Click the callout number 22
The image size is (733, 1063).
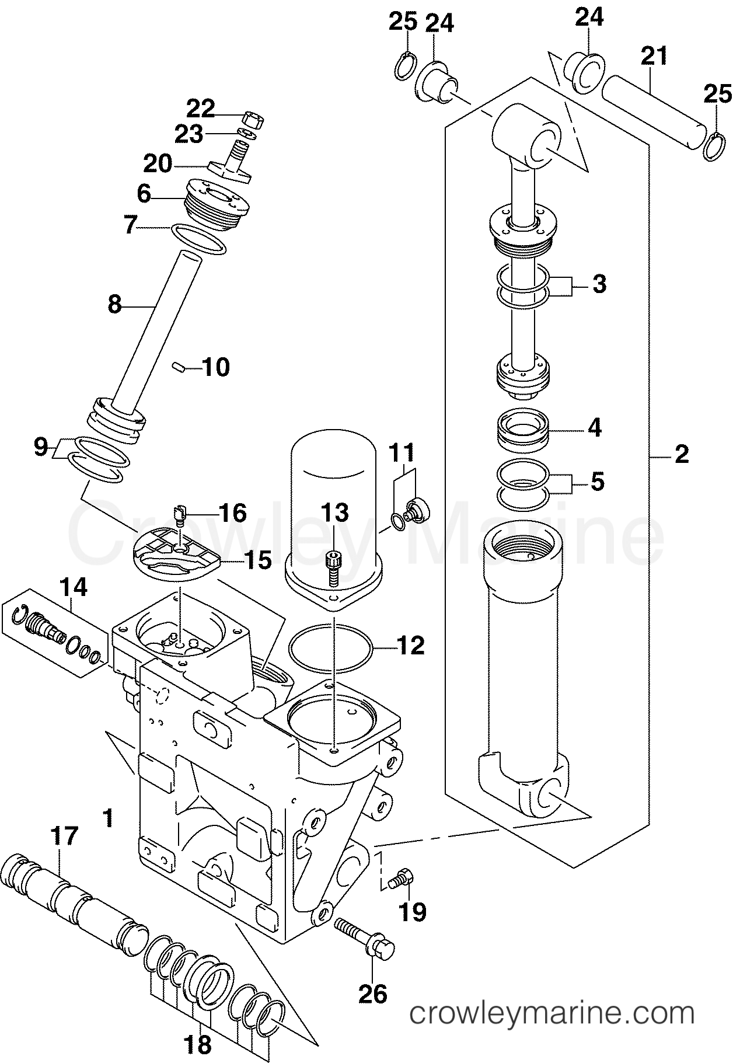coord(201,109)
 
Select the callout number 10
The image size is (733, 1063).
coord(216,367)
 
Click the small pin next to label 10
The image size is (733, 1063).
coord(179,367)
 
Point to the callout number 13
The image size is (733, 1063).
coord(335,513)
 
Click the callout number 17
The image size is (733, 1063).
coord(64,838)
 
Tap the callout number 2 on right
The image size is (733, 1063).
coord(682,454)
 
